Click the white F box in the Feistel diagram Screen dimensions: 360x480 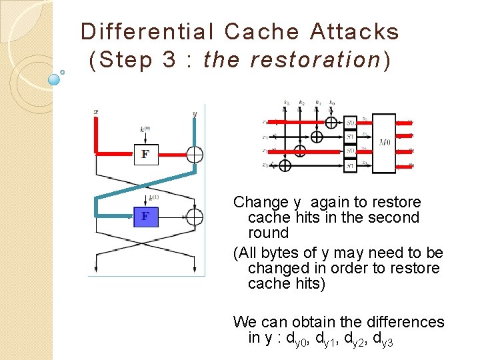coord(145,155)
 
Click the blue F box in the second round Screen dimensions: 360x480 coord(145,217)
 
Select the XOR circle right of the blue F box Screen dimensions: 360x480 coord(194,217)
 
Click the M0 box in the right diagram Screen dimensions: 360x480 coord(384,143)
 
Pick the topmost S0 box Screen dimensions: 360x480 coord(351,123)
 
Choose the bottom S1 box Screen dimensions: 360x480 coord(351,165)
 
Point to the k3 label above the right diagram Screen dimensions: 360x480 coord(286,103)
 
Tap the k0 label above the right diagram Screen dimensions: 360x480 coord(331,103)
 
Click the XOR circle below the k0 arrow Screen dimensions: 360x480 coord(331,122)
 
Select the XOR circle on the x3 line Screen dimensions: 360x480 coord(285,165)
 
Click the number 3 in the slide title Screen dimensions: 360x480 coord(168,60)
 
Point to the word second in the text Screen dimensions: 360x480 coord(397,217)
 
